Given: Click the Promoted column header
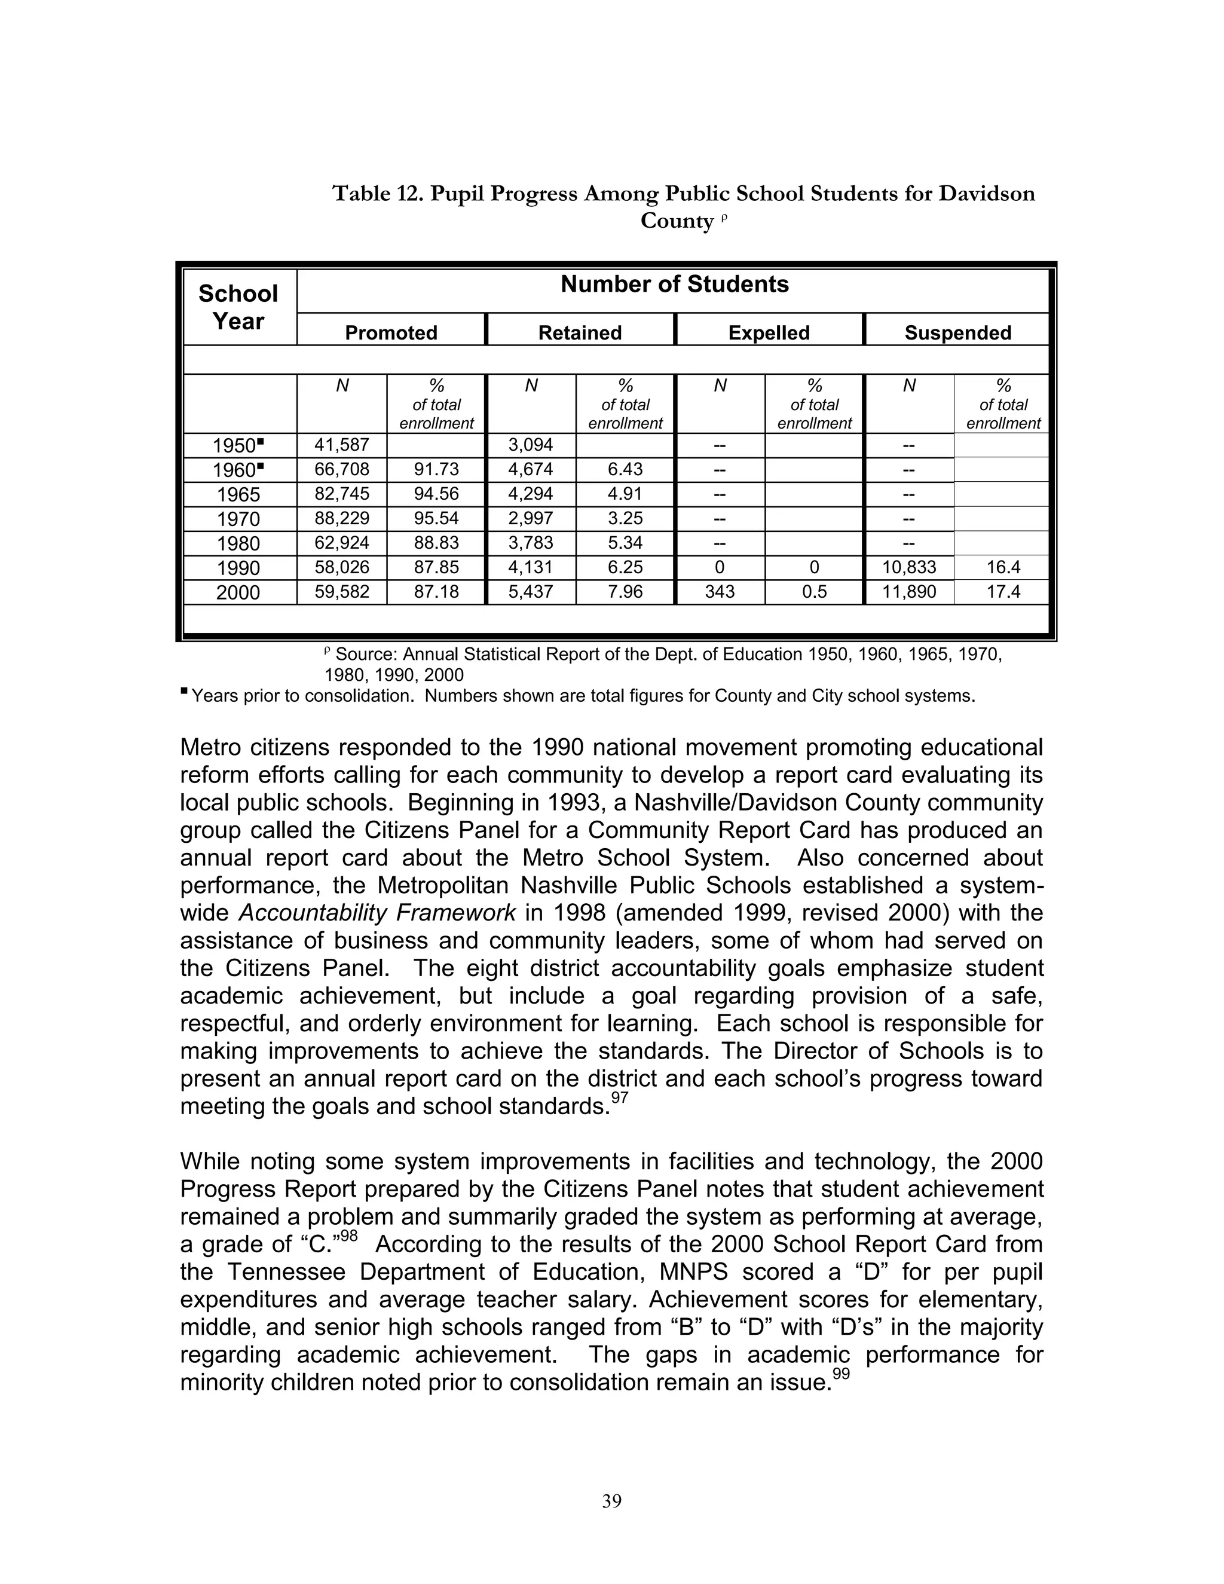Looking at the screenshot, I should (x=391, y=332).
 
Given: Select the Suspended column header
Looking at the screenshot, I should (x=957, y=332).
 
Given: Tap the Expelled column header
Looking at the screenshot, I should (x=769, y=332).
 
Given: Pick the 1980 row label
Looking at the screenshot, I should (x=238, y=544).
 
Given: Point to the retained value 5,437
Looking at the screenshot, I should (x=531, y=592).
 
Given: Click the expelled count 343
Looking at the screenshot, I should (x=720, y=592).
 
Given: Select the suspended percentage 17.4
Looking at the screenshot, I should (x=1003, y=592).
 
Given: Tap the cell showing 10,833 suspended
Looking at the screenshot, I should (x=908, y=567).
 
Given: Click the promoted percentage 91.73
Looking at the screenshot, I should (x=436, y=469).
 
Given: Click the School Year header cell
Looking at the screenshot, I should (x=238, y=307).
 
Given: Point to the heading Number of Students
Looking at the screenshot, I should (x=674, y=285).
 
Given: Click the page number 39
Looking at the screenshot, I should (x=611, y=1502).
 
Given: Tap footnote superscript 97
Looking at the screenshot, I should (x=619, y=1098).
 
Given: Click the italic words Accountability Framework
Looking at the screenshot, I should (x=377, y=912).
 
